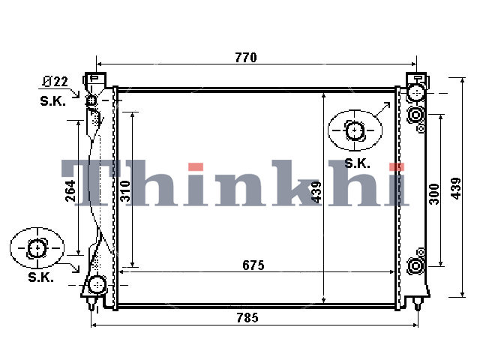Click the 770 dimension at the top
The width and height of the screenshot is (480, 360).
coord(246,58)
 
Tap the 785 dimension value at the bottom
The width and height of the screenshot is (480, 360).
coord(247,318)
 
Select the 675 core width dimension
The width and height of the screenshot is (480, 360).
coord(253,265)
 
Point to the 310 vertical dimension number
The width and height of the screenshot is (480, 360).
coord(125,191)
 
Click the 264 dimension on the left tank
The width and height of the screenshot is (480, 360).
coord(70,190)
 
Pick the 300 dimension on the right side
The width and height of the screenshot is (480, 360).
coord(434,193)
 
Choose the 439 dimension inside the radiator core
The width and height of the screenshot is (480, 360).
coord(316,192)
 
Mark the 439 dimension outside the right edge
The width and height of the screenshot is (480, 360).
coord(456,188)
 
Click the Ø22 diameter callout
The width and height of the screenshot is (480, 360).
coord(55,82)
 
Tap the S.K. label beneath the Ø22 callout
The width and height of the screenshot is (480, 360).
coord(52,101)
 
